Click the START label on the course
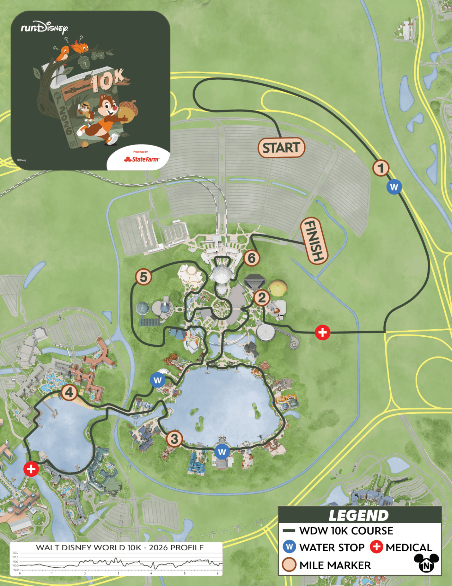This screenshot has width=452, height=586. [x=281, y=148]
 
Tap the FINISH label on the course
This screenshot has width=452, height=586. [x=314, y=241]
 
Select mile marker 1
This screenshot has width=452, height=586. [x=381, y=168]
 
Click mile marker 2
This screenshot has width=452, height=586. [x=262, y=298]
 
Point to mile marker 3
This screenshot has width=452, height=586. [x=174, y=439]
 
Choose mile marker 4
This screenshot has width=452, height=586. [x=69, y=392]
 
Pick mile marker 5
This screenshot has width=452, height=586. [x=143, y=277]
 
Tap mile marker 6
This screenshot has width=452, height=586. [x=252, y=258]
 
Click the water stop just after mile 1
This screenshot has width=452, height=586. [x=394, y=187]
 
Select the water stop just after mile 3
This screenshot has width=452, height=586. [x=222, y=452]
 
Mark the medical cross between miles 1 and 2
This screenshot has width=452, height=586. [x=323, y=333]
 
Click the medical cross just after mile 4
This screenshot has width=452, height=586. [x=31, y=469]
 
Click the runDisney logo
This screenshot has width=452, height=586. [x=44, y=28]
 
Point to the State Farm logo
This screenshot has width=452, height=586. [x=142, y=159]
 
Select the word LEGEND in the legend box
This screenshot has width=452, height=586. [x=359, y=516]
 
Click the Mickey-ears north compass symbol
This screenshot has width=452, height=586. [x=426, y=563]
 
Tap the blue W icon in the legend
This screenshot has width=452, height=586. [x=289, y=547]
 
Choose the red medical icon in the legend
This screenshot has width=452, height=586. [x=376, y=546]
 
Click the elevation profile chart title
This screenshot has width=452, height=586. [x=119, y=548]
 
